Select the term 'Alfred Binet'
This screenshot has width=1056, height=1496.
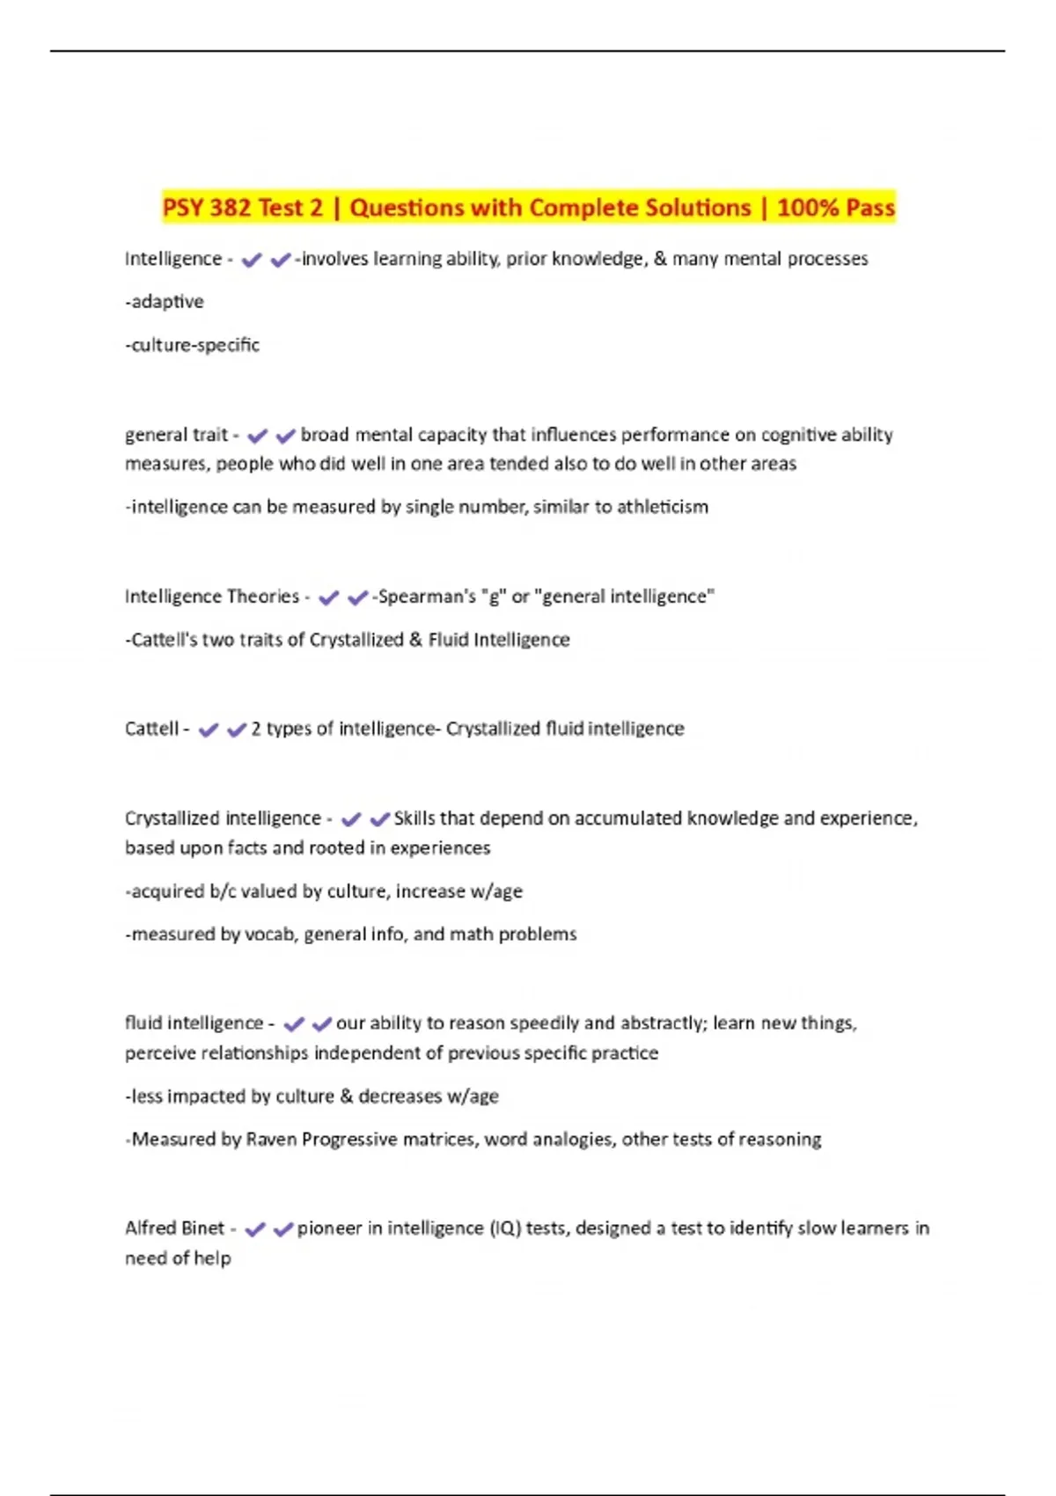tap(174, 1228)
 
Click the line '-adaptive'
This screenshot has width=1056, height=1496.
tap(165, 302)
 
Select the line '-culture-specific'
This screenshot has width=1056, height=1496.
tap(193, 345)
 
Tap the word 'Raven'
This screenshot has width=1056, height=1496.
tap(271, 1140)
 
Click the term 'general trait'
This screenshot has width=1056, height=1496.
tap(176, 435)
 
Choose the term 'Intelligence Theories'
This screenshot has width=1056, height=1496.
tap(212, 597)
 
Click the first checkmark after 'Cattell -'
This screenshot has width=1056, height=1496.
tap(209, 730)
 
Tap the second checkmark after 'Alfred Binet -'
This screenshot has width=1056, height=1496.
tap(283, 1229)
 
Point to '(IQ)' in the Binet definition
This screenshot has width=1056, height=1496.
tap(504, 1228)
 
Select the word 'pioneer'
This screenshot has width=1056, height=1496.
tap(329, 1228)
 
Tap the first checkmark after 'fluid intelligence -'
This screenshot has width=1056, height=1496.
tap(294, 1023)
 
